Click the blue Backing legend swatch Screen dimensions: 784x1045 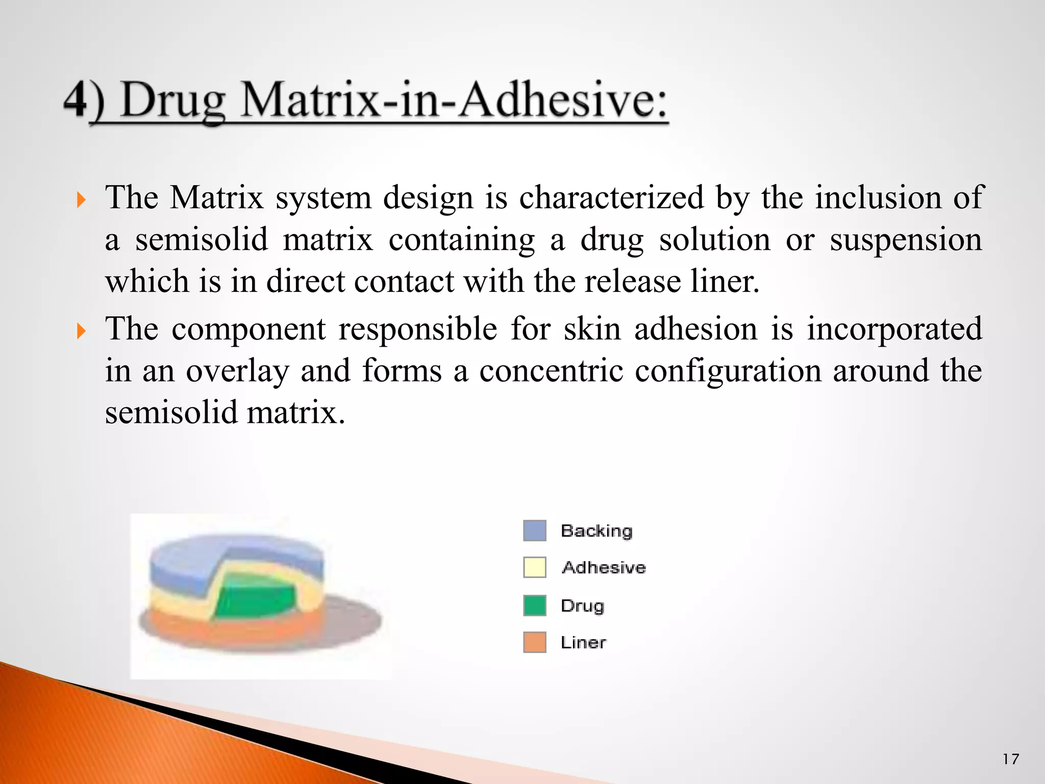point(535,530)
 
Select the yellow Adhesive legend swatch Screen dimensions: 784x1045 point(535,567)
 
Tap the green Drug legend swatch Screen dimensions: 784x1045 point(535,605)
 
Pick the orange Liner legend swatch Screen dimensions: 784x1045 point(535,642)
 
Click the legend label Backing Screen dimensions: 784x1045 point(596,531)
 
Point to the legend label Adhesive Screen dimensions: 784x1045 point(604,568)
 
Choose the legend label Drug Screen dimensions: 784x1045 point(582,606)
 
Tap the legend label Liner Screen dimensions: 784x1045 point(583,643)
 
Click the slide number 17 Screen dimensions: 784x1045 point(1010,759)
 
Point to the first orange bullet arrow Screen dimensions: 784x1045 point(81,200)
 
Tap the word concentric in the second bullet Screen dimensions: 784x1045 point(552,371)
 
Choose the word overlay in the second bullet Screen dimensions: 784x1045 point(237,372)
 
